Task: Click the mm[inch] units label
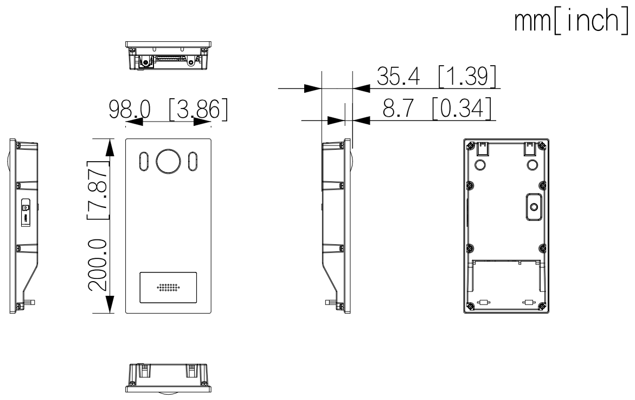click(571, 22)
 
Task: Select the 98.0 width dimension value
click(130, 109)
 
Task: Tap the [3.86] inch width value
click(198, 110)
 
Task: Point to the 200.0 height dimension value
click(98, 265)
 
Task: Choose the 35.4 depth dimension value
click(398, 76)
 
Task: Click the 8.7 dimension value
click(398, 108)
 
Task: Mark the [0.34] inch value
click(462, 108)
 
